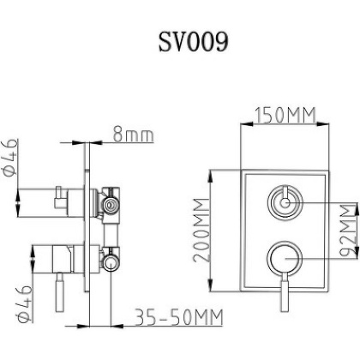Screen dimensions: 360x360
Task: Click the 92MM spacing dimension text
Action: tap(345, 229)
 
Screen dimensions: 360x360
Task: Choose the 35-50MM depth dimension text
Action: tap(179, 318)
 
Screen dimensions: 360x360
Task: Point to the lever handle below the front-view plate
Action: tap(285, 296)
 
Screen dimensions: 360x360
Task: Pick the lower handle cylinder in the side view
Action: tap(47, 255)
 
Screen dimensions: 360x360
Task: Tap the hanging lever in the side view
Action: tap(59, 291)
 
